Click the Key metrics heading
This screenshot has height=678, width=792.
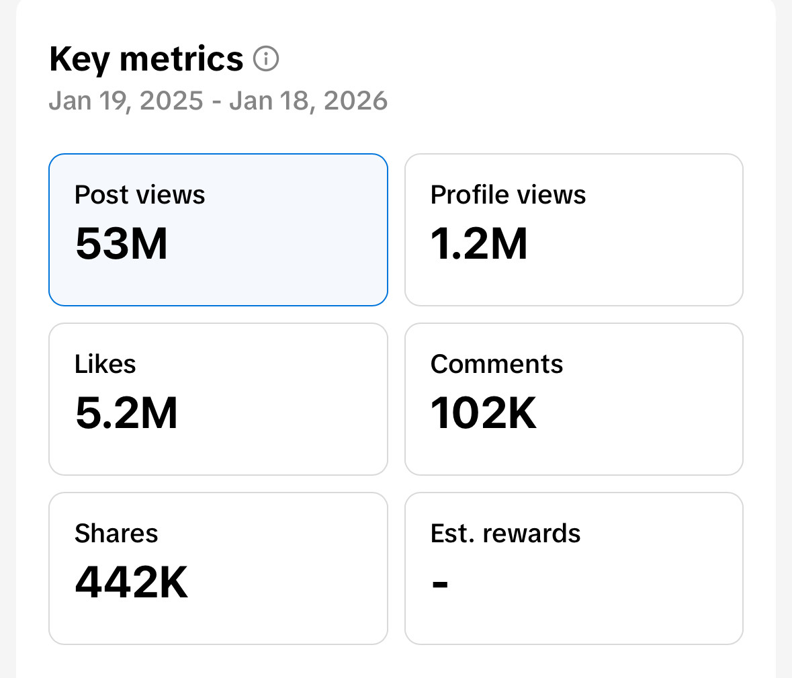pyautogui.click(x=146, y=59)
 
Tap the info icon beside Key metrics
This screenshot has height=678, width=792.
pyautogui.click(x=266, y=59)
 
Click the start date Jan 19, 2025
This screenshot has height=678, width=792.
pyautogui.click(x=126, y=101)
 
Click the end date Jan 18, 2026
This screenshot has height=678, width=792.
pyautogui.click(x=308, y=101)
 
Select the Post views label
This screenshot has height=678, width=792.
pyautogui.click(x=140, y=195)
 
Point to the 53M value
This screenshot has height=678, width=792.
pyautogui.click(x=122, y=243)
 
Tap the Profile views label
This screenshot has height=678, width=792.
pyautogui.click(x=508, y=195)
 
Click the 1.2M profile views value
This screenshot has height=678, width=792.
pyautogui.click(x=479, y=243)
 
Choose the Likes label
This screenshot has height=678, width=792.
pyautogui.click(x=105, y=364)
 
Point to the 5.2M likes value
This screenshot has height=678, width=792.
pyautogui.click(x=126, y=413)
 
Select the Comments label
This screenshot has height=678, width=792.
pyautogui.click(x=496, y=364)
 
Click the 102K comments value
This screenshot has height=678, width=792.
pyautogui.click(x=484, y=413)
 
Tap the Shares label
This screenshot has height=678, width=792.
pyautogui.click(x=116, y=534)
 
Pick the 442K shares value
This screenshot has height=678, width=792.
pyautogui.click(x=132, y=582)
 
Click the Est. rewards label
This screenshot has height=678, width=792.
pyautogui.click(x=505, y=534)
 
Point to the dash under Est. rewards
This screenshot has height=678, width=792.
pyautogui.click(x=440, y=583)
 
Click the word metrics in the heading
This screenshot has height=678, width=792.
pyautogui.click(x=181, y=59)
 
